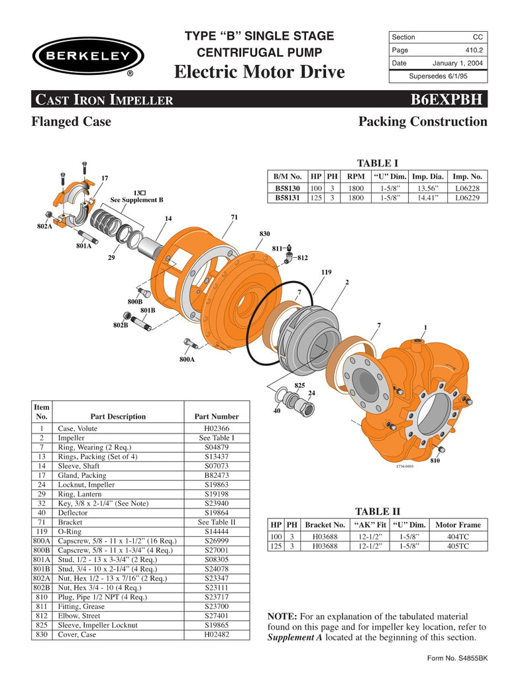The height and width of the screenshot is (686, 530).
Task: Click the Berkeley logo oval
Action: tap(87, 56)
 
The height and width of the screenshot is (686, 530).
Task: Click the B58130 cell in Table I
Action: tap(288, 188)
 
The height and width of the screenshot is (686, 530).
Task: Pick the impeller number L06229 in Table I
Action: tap(467, 198)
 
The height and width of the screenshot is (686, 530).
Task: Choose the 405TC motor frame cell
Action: tap(458, 546)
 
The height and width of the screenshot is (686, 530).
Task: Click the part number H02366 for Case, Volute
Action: tap(216, 429)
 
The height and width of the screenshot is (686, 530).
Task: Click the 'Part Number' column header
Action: tap(216, 416)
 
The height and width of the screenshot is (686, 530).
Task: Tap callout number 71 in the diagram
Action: tap(234, 217)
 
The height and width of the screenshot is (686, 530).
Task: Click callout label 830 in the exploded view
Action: tap(264, 234)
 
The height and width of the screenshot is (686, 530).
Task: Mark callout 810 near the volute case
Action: tap(435, 460)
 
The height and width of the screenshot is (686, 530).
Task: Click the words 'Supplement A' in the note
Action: tap(295, 638)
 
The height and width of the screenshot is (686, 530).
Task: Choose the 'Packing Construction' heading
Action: tap(422, 121)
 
